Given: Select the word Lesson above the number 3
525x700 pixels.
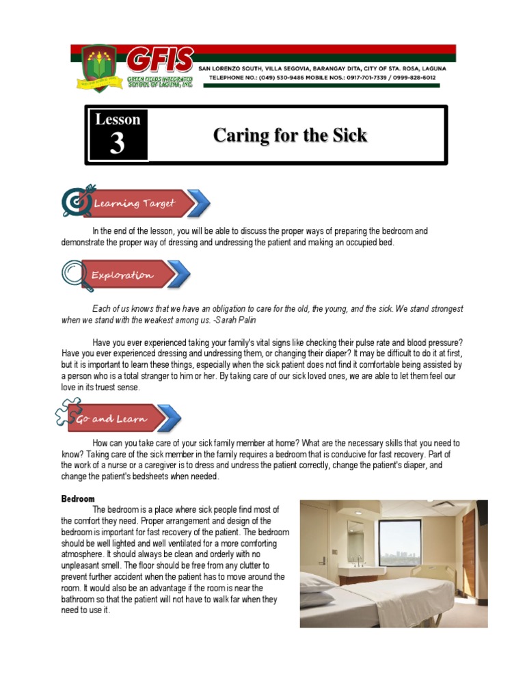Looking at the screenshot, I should (118, 120).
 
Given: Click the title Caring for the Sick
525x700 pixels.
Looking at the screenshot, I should (290, 135).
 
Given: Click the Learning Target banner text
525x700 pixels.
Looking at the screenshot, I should (135, 203).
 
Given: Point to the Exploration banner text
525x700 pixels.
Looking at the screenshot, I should (124, 275).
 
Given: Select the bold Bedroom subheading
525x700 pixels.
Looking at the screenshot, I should (78, 499).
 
